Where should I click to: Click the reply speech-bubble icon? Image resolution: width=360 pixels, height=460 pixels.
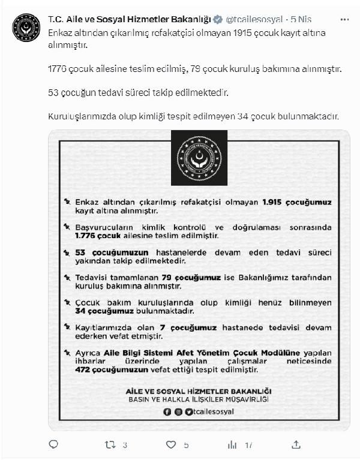click(x=53, y=445)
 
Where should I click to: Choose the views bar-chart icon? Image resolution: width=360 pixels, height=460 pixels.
click(x=232, y=445)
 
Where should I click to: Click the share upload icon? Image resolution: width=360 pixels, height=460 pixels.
click(x=295, y=445)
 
